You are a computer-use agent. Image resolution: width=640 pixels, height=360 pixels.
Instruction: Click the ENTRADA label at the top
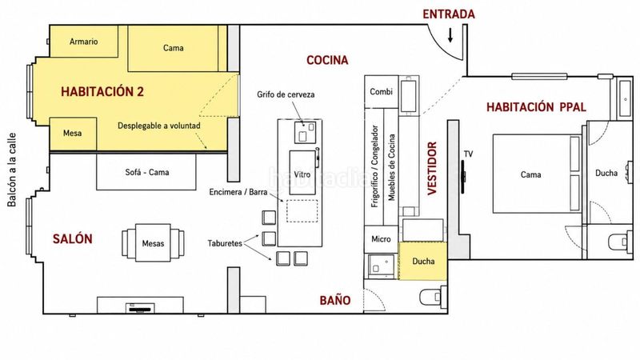[449, 14]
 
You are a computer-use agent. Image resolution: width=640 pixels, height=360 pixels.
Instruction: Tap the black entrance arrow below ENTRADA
[450, 35]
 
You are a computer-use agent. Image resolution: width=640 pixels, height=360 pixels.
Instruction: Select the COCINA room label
[327, 61]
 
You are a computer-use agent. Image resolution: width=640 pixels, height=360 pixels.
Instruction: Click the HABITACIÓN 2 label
[102, 91]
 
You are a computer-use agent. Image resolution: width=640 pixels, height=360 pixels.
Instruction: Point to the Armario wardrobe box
[84, 42]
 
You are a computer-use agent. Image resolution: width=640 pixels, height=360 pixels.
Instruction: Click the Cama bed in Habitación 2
[173, 48]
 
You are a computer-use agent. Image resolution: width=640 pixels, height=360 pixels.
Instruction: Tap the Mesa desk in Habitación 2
[73, 134]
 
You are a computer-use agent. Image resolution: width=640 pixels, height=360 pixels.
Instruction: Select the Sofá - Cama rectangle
[146, 172]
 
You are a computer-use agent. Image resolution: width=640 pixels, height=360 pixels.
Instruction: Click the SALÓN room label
[73, 238]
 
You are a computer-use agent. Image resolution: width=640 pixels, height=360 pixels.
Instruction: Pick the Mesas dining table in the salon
[153, 243]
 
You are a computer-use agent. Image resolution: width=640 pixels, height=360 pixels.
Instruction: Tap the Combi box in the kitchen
[382, 92]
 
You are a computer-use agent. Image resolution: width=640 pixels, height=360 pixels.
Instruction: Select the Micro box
[382, 239]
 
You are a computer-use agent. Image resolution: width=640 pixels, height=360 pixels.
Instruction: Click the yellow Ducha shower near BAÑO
[423, 262]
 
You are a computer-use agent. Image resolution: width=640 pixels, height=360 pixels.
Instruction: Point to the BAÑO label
[335, 301]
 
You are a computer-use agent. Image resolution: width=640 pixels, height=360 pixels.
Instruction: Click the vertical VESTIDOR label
[432, 169]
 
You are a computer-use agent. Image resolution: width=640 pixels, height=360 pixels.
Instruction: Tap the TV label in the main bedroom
[468, 154]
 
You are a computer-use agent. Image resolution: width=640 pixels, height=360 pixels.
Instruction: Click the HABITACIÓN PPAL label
[536, 107]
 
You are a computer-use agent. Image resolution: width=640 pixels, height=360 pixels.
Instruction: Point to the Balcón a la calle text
[12, 170]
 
